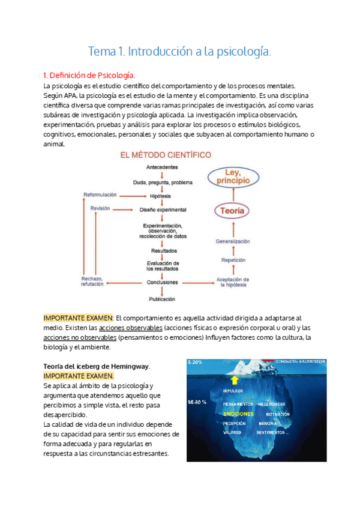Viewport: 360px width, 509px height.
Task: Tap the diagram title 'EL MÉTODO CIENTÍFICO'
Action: pos(166,155)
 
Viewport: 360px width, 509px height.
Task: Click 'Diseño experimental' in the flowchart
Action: pos(163,209)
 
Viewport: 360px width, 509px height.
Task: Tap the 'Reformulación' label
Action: pos(100,195)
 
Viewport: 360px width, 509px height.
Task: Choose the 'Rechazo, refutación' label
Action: pos(92,282)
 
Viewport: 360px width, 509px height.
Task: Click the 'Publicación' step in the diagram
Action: pos(163,299)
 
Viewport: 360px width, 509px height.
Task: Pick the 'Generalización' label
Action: pos(233,241)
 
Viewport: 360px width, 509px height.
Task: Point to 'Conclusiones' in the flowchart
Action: pos(163,282)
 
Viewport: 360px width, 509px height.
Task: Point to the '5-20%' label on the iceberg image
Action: pos(195,363)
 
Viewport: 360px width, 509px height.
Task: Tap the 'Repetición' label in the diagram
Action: pos(233,261)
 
